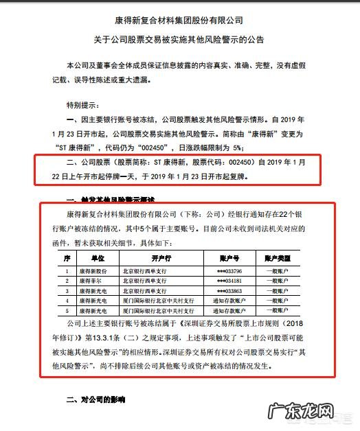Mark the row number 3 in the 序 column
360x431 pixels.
point(67,290)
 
